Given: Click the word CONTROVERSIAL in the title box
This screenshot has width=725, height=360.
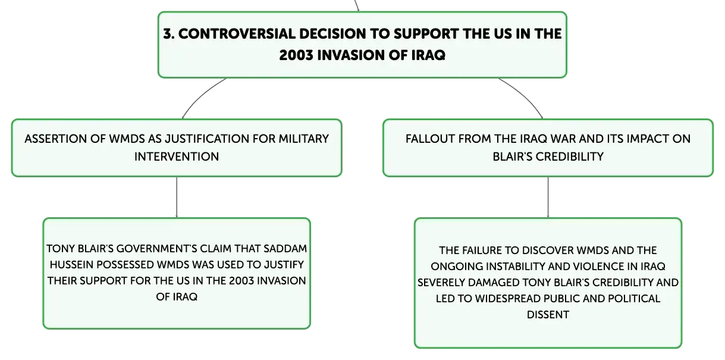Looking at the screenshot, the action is [x=237, y=34].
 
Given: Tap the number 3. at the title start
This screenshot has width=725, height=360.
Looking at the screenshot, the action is [x=169, y=34].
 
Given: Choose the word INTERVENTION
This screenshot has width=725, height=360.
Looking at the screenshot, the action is [x=177, y=156].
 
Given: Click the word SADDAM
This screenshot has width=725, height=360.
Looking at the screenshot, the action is [x=285, y=249].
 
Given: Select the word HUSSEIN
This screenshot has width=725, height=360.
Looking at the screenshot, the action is [x=71, y=265].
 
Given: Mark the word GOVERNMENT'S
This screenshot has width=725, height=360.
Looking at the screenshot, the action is [x=156, y=249].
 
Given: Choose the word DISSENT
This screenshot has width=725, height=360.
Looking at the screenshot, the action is [x=548, y=315].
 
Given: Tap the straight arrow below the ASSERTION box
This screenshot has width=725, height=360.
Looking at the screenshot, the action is [x=177, y=197].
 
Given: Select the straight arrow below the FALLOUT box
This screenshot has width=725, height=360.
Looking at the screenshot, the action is [x=548, y=197].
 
